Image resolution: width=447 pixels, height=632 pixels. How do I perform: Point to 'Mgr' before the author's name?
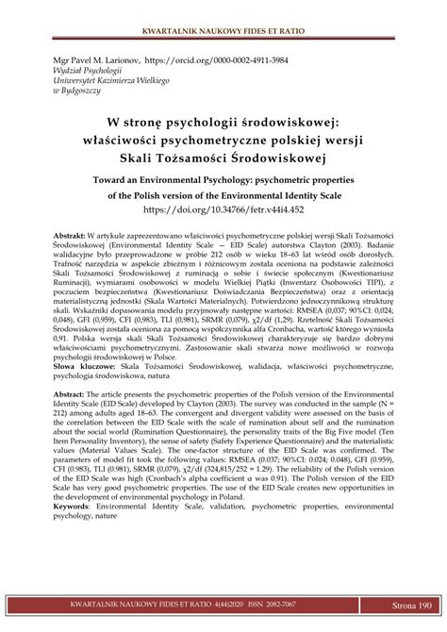(47, 58)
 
